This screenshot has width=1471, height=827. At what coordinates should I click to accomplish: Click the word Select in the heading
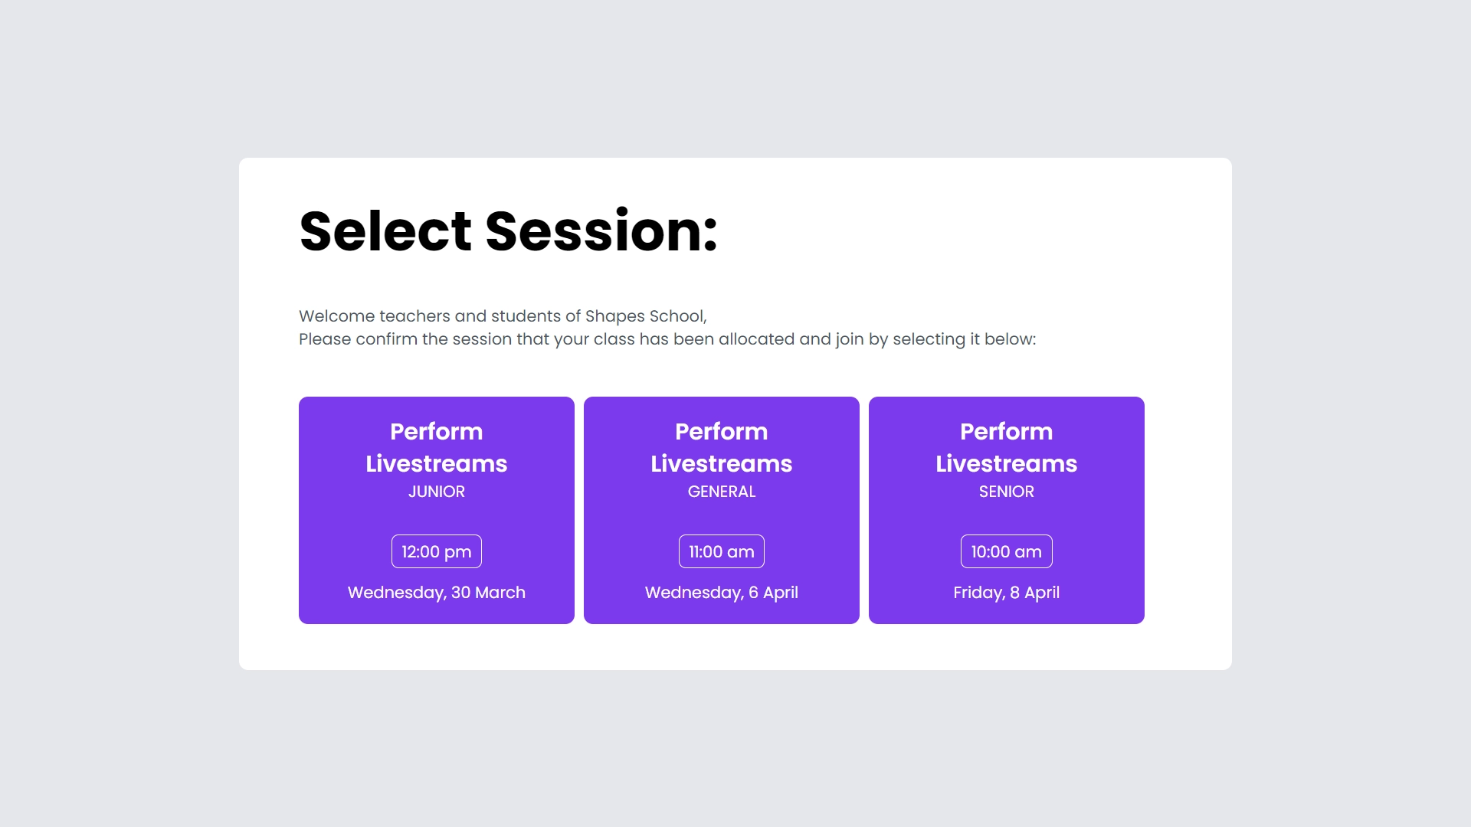(385, 230)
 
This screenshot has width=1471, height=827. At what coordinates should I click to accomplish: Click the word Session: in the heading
(602, 230)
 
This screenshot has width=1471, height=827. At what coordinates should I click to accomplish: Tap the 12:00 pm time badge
(437, 551)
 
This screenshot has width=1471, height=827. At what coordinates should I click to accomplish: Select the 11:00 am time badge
(722, 551)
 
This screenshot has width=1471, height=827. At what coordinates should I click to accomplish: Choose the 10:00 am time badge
(1007, 551)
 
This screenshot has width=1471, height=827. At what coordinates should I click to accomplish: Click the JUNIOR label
(437, 492)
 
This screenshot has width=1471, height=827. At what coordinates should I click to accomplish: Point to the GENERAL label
(722, 492)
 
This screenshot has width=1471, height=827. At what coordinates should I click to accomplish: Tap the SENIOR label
(1007, 492)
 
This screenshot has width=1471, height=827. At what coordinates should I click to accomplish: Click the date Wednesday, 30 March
(437, 593)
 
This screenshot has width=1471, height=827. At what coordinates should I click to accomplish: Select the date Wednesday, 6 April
(722, 593)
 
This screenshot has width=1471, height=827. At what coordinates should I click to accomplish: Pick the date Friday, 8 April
(1007, 593)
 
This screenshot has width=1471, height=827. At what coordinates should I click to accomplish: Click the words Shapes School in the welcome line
(644, 316)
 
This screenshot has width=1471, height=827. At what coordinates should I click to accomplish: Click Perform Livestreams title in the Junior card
(437, 447)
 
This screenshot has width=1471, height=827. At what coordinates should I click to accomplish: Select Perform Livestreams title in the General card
(722, 447)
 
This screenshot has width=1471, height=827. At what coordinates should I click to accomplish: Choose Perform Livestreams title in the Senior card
(1007, 447)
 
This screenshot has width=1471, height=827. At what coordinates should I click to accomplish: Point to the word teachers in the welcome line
(414, 316)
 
